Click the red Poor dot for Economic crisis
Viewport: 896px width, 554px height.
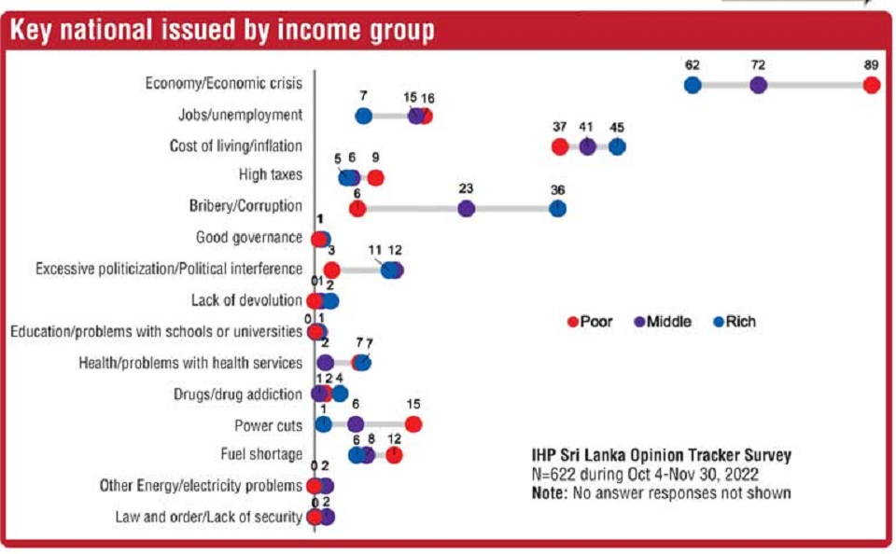(x=872, y=85)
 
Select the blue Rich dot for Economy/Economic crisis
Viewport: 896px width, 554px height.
(x=693, y=85)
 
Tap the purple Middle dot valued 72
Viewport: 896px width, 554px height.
(x=759, y=85)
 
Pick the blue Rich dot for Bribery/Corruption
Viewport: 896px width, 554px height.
(x=557, y=208)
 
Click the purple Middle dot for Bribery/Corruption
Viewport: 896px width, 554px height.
(x=467, y=208)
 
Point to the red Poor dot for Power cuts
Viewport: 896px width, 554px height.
(x=413, y=424)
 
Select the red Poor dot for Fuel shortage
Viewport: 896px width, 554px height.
(x=394, y=454)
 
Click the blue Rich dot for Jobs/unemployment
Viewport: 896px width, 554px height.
(x=364, y=116)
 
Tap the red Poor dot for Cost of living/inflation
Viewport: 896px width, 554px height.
(x=559, y=146)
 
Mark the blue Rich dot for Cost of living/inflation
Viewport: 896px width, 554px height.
(x=617, y=146)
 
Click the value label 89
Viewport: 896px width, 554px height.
(x=872, y=66)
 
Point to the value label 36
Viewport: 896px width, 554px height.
(x=557, y=189)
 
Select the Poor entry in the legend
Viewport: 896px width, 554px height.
(x=591, y=322)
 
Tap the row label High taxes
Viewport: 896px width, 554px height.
(x=271, y=174)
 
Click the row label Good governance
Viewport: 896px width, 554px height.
(x=248, y=237)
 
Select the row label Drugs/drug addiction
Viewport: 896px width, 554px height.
(x=238, y=394)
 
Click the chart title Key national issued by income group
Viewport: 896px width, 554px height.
(x=222, y=31)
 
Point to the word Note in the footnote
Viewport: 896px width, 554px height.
(x=548, y=492)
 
